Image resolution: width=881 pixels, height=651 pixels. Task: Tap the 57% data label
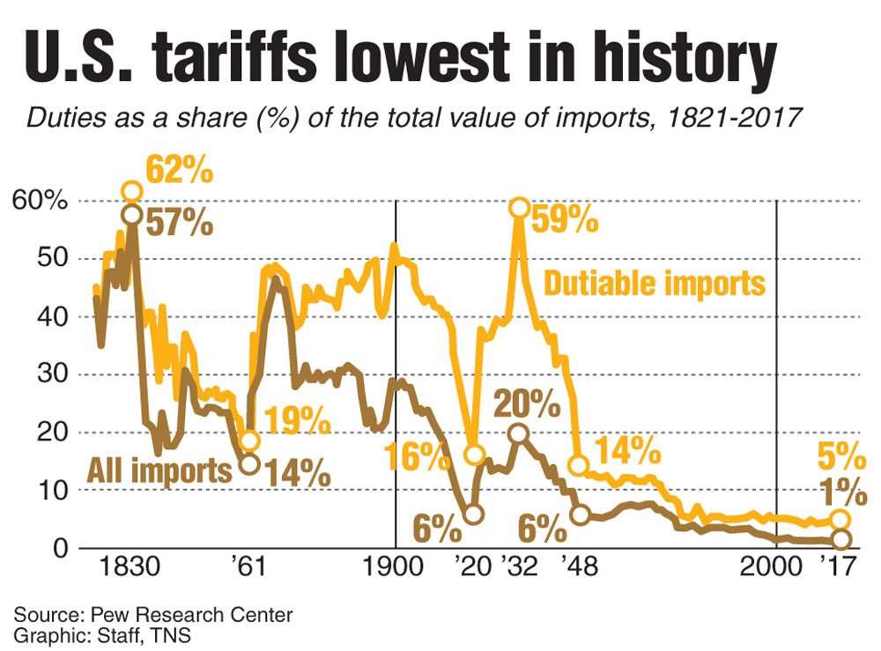(x=180, y=222)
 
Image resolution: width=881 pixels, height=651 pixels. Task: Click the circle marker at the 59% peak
(x=519, y=208)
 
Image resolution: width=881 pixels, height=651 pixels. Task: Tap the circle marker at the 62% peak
(x=131, y=191)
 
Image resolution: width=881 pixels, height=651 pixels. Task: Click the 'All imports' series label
(x=158, y=470)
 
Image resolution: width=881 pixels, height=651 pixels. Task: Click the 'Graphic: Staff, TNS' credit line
(x=100, y=634)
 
